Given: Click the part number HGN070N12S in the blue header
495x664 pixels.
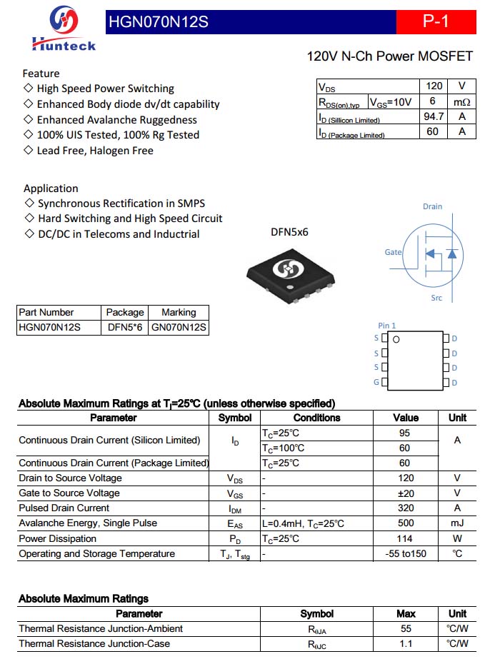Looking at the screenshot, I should (158, 22).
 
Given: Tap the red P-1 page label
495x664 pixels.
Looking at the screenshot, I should (436, 21).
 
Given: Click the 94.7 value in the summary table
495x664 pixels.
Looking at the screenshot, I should (434, 116).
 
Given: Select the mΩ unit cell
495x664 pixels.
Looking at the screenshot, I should (462, 101).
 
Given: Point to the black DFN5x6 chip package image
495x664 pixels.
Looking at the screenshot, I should (290, 271).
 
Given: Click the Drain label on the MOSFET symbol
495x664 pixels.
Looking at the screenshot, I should (432, 206).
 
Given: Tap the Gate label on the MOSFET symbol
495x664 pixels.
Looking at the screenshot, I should (393, 252).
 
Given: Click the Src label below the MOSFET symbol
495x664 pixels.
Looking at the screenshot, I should (436, 297).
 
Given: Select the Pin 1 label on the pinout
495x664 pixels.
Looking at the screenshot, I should (387, 326).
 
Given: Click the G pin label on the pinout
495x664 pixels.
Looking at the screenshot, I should (376, 383).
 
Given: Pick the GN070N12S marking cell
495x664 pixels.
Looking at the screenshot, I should (179, 327).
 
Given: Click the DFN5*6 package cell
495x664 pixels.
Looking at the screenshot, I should (125, 327).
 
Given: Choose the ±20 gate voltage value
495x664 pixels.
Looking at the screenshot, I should (406, 493).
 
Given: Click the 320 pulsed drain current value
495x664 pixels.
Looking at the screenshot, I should (406, 508).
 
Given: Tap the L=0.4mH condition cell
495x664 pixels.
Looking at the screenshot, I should (303, 523).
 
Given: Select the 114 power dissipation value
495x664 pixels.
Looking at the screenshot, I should (406, 538).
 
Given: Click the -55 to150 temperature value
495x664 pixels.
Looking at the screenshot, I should (406, 554).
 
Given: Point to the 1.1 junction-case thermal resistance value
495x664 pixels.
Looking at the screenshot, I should (406, 644).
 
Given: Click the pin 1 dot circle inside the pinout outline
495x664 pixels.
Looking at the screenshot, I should (396, 339).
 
